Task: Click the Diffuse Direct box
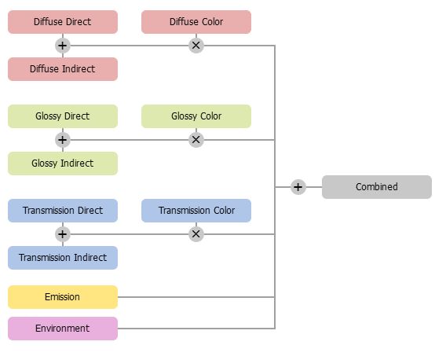pyautogui.click(x=63, y=22)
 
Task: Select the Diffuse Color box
pyautogui.click(x=196, y=22)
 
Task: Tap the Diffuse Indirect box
pyautogui.click(x=63, y=69)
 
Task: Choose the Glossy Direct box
pyautogui.click(x=63, y=116)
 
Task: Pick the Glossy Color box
pyautogui.click(x=196, y=116)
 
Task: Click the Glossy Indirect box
pyautogui.click(x=63, y=163)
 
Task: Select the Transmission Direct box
pyautogui.click(x=63, y=211)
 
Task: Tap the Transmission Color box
pyautogui.click(x=196, y=211)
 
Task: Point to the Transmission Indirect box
pyautogui.click(x=63, y=258)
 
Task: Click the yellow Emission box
pyautogui.click(x=63, y=297)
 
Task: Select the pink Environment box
pyautogui.click(x=63, y=329)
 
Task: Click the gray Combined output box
pyautogui.click(x=377, y=187)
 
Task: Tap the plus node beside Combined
pyautogui.click(x=298, y=187)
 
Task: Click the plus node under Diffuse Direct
pyautogui.click(x=63, y=46)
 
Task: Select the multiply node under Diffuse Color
pyautogui.click(x=196, y=46)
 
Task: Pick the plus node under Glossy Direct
pyautogui.click(x=63, y=140)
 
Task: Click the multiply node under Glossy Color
pyautogui.click(x=196, y=140)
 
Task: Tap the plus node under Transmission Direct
pyautogui.click(x=63, y=234)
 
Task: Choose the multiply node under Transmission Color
pyautogui.click(x=196, y=234)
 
